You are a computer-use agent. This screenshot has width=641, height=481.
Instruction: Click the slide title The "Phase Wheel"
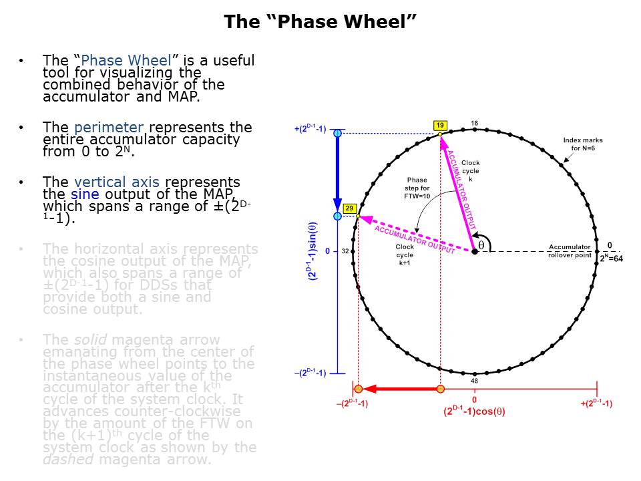pos(320,21)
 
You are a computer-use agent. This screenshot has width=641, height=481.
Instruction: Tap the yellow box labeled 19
pos(439,126)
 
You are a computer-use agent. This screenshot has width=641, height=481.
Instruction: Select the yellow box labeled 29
pos(349,208)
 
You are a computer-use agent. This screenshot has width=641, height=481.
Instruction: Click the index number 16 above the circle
pos(474,124)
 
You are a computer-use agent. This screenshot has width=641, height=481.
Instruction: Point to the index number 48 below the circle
pos(474,381)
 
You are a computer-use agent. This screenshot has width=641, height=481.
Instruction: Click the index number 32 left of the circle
pos(346,252)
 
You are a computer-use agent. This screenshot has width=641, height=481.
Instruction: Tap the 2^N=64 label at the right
pos(610,259)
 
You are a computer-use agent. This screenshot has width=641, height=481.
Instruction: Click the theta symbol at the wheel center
pos(481,245)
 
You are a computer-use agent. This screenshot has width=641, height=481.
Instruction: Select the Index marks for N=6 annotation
pos(582,144)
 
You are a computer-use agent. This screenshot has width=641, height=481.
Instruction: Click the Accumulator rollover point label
pos(570,251)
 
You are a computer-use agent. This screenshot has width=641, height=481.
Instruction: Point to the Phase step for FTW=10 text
pos(417,188)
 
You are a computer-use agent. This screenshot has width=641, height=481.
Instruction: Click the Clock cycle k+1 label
pos(405,255)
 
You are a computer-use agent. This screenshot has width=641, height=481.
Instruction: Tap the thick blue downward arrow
pos(337,174)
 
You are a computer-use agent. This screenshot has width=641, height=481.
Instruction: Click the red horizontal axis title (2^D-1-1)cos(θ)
pos(474,412)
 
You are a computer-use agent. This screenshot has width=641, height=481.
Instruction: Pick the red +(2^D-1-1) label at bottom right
pos(596,404)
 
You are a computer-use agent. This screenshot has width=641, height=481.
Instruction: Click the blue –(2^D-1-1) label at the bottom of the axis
pos(310,373)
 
